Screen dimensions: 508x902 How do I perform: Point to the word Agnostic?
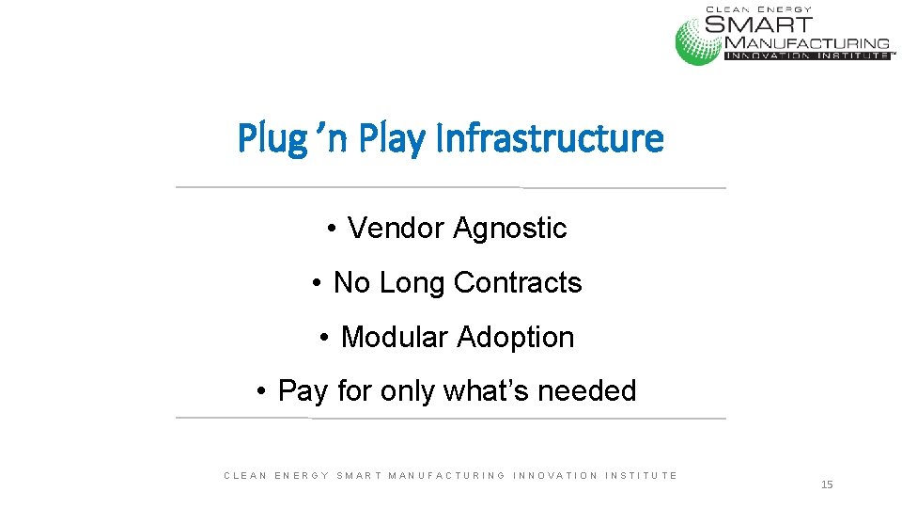coord(510,228)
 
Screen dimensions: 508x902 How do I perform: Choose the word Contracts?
coord(518,282)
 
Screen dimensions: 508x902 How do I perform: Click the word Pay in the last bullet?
coord(303,390)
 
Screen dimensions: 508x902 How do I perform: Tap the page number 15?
coord(827,484)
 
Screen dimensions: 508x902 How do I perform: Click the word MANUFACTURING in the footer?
coord(446,476)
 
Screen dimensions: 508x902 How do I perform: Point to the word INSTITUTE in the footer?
coord(642,476)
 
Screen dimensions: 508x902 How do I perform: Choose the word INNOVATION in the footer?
coord(555,476)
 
